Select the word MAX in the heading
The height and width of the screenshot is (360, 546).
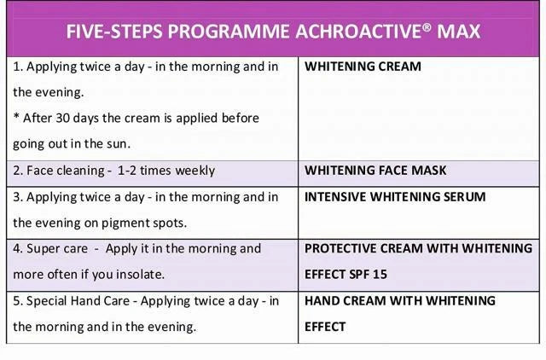[x=461, y=32]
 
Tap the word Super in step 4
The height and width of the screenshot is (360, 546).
[x=44, y=249]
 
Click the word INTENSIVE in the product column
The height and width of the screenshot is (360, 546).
[x=335, y=197]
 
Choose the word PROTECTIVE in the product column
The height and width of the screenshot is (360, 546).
[x=342, y=249]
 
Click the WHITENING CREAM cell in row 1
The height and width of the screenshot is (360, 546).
[x=363, y=67]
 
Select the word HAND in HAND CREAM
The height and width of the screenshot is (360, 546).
[x=322, y=300]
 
